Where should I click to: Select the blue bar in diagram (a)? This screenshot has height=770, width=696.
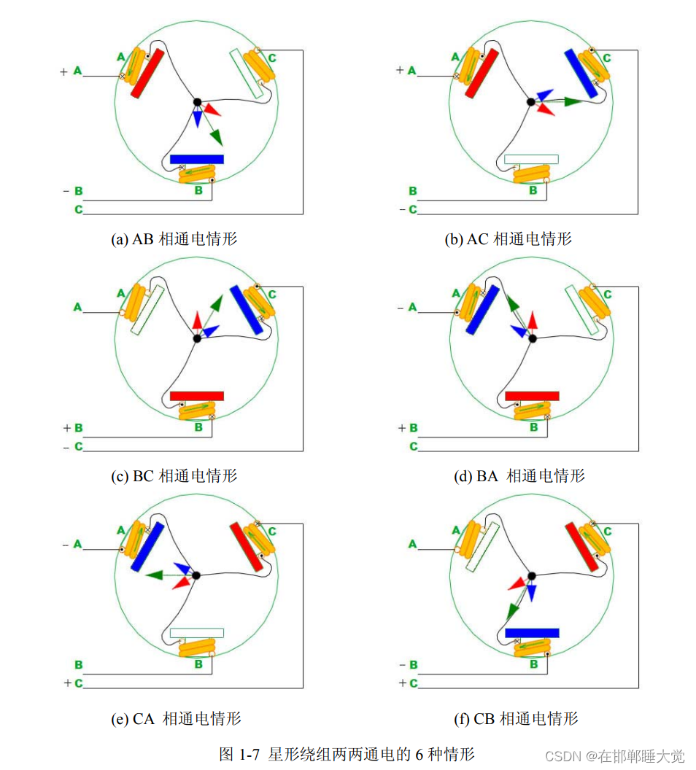pos(197,159)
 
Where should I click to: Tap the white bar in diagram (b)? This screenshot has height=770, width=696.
pos(531,159)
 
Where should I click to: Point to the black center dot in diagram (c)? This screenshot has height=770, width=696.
pos(196,338)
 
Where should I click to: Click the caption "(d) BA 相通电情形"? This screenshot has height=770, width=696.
pos(519,476)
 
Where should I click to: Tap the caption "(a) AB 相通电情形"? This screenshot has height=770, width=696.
pos(174,238)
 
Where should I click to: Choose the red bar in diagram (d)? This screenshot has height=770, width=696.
pos(532,396)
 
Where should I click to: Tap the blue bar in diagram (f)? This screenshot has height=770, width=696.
pos(532,633)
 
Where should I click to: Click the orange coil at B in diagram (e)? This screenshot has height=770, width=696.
pos(197,647)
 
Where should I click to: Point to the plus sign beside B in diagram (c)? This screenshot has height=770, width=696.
pos(66,428)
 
